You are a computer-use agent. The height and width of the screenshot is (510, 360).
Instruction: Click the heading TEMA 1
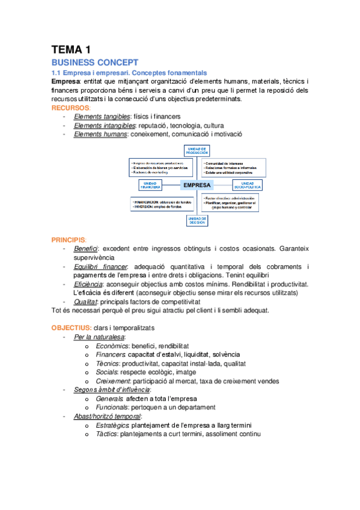[71, 50]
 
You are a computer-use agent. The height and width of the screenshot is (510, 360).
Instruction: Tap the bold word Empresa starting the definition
[66, 81]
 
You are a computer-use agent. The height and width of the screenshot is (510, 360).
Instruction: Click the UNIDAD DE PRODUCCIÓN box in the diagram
[197, 152]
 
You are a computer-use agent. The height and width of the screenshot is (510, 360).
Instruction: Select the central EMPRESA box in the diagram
[196, 185]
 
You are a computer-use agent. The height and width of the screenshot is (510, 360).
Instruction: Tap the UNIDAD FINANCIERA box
[150, 185]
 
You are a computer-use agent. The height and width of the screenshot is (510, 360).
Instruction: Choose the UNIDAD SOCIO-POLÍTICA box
[248, 185]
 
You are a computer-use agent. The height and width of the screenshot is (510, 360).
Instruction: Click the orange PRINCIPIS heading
[69, 239]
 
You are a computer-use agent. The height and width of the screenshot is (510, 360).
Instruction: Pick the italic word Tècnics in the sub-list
[106, 363]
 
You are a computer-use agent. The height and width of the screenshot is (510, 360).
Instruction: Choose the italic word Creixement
[113, 381]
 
